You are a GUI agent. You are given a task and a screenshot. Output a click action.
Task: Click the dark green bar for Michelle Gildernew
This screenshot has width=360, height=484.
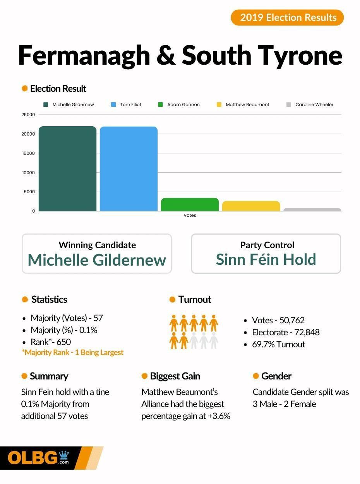coord(67,169)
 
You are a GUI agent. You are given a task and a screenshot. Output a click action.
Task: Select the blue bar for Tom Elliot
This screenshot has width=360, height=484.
coord(129,169)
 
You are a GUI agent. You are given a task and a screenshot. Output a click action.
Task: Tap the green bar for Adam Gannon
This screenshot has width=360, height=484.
coord(190,204)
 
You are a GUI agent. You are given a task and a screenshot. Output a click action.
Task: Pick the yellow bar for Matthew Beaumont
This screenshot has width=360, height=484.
coord(251,206)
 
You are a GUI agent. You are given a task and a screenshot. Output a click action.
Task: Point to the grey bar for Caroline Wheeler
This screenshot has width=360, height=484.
coord(312,210)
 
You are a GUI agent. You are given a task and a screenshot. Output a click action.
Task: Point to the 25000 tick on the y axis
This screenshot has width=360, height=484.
coord(28,115)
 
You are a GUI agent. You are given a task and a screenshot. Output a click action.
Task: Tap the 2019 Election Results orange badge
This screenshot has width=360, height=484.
coord(287,17)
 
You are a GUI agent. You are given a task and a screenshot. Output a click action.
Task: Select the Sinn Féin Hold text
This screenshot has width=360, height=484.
coord(266,259)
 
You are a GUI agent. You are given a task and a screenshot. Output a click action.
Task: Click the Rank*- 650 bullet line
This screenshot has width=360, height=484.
coord(51,342)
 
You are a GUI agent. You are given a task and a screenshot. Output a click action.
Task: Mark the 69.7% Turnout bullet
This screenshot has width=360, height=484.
coord(278,344)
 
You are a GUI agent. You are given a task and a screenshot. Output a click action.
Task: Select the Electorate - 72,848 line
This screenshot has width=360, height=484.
coord(286,332)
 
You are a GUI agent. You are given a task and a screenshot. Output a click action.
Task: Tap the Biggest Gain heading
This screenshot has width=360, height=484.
coord(175,376)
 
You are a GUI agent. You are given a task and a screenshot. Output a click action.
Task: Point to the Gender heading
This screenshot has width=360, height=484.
coord(276,376)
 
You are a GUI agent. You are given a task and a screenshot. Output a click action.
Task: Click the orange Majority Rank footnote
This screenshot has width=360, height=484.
coord(72,352)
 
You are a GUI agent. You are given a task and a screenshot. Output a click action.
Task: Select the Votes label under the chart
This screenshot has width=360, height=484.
coord(190,215)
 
